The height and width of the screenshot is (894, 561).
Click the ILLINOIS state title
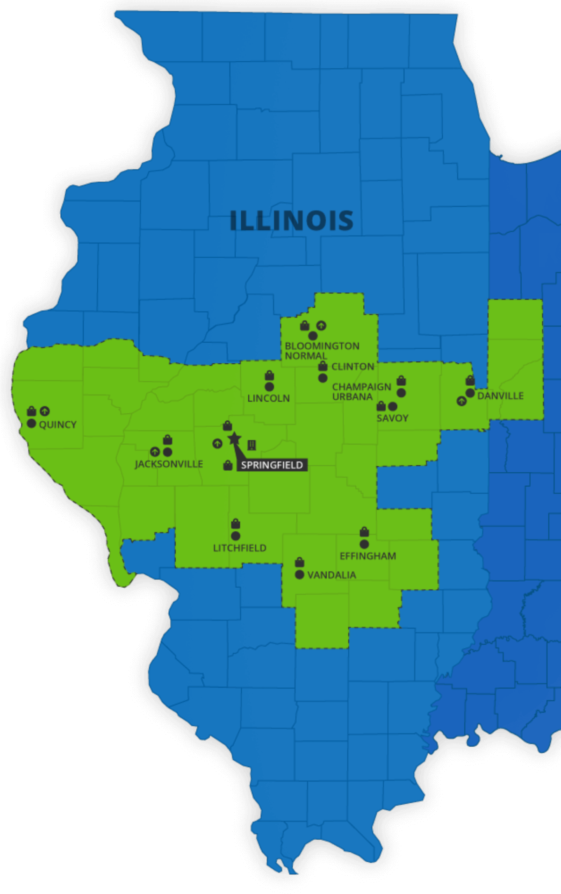tap(291, 221)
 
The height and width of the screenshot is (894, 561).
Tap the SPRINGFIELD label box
tap(272, 465)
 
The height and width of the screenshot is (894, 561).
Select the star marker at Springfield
tap(234, 439)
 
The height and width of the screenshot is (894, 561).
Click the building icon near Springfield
tap(252, 445)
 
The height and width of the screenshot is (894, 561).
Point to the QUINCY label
tap(58, 425)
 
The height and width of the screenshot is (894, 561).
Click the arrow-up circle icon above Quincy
tap(44, 411)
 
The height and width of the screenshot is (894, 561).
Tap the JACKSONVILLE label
tap(169, 464)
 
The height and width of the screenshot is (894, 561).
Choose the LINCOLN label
tap(268, 398)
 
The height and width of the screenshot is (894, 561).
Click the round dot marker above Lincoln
tap(269, 387)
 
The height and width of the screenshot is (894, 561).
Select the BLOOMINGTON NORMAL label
tap(322, 351)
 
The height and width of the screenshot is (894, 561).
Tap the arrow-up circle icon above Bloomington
tap(321, 325)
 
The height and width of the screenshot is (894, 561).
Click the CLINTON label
tap(352, 367)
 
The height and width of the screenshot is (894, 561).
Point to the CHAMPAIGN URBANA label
tap(361, 392)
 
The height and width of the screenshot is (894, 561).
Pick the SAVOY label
tap(392, 418)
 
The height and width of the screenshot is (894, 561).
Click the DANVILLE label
tap(500, 396)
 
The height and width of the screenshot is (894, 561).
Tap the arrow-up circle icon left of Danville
tap(461, 401)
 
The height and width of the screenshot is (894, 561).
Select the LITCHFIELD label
tap(239, 548)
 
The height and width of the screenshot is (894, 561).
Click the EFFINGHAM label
tap(367, 556)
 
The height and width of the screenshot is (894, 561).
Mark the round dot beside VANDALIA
tap(300, 575)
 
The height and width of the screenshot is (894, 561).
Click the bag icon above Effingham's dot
tap(364, 532)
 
